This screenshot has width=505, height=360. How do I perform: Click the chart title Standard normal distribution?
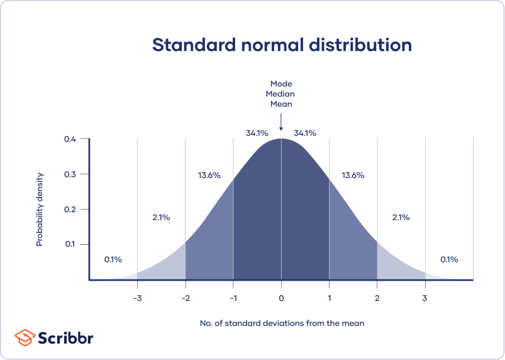[x=282, y=45]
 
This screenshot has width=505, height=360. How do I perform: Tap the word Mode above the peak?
[x=281, y=83]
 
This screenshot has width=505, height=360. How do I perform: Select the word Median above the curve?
[x=281, y=94]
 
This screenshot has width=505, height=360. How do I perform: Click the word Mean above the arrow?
[x=281, y=104]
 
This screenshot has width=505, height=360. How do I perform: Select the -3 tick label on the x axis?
[x=136, y=297]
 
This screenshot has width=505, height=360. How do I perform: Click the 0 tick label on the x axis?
[x=281, y=297]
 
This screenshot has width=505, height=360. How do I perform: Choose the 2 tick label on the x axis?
[x=377, y=297]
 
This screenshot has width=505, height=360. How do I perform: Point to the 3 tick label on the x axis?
[x=425, y=297]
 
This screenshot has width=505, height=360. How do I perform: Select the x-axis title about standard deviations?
[x=282, y=323]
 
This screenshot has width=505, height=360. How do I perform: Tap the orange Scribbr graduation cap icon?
[x=25, y=337]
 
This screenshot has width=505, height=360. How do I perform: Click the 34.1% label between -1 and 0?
[x=257, y=133]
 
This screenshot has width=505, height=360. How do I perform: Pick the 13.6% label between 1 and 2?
[x=353, y=175]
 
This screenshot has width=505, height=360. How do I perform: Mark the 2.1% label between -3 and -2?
[x=161, y=217]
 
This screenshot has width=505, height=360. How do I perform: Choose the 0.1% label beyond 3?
[x=449, y=259]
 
